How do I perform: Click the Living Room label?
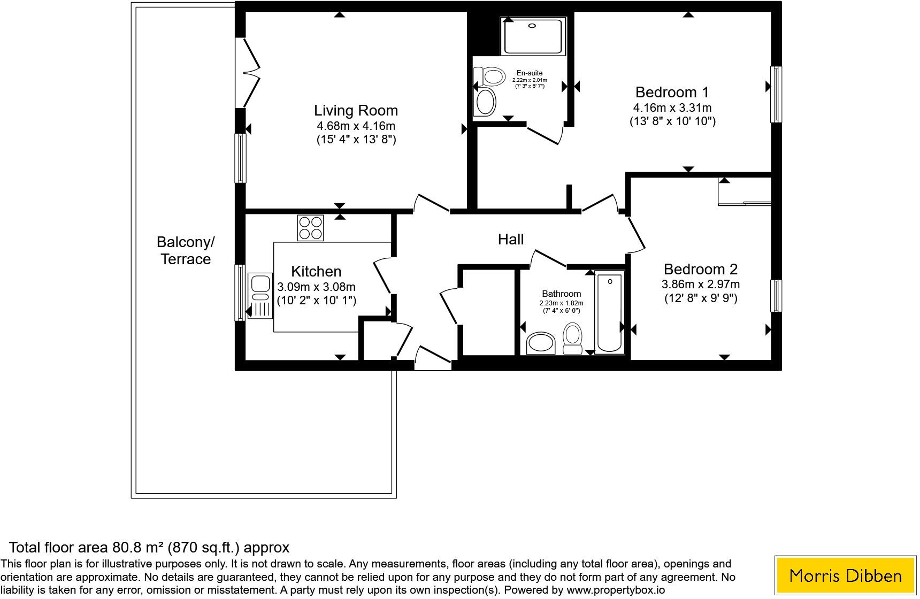coord(356,111)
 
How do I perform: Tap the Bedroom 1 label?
coord(672,92)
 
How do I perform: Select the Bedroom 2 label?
coord(701,269)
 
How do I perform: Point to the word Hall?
coord(511,239)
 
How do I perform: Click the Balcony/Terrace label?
coord(186,250)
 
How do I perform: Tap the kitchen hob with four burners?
coord(311,228)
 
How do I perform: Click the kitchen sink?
coord(260,296)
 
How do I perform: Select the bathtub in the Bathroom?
coord(610,313)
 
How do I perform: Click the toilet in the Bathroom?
coord(573,339)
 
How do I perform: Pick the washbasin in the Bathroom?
coord(541,343)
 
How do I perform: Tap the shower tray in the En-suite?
coord(533,36)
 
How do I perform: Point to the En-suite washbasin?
coord(486,102)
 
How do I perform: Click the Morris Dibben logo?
coord(846,575)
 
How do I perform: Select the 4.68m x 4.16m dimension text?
coord(356,126)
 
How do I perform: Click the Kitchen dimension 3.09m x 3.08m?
coord(316,287)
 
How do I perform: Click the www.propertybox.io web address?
coord(616,590)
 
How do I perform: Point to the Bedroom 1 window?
coord(776,94)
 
